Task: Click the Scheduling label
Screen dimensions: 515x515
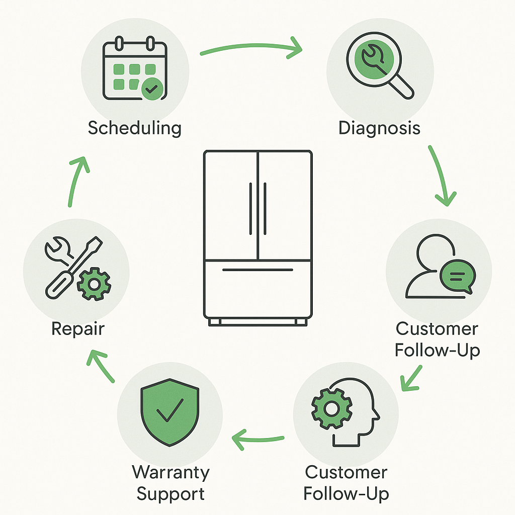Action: click(134, 128)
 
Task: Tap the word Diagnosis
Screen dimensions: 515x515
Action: click(379, 128)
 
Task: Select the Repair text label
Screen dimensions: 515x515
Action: click(77, 329)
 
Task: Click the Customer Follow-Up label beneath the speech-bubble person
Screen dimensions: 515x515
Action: click(437, 339)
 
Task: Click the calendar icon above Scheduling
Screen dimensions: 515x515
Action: click(134, 69)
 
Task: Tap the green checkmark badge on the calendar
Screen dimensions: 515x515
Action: click(151, 89)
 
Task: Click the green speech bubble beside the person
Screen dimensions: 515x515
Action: click(457, 276)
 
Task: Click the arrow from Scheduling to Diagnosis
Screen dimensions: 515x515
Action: click(251, 48)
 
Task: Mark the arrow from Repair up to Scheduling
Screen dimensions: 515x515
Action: click(76, 181)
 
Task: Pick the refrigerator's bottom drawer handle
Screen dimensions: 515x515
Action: click(257, 270)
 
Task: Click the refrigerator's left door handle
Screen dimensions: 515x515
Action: click(250, 208)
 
